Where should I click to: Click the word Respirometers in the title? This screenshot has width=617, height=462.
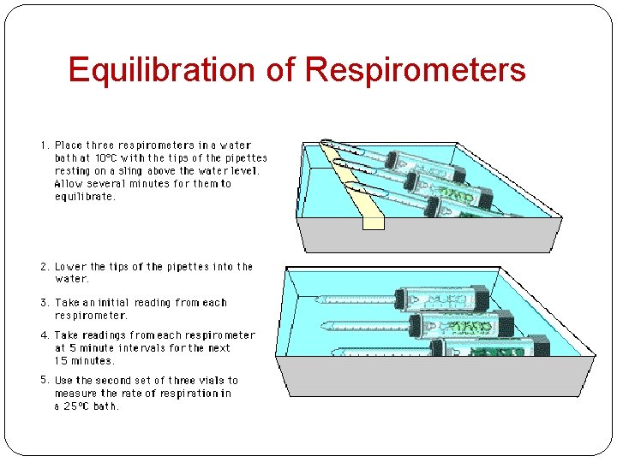click(x=415, y=70)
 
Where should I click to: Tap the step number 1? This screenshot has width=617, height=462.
click(x=45, y=145)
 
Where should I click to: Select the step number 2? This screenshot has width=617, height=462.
click(x=45, y=267)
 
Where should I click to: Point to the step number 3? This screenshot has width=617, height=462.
click(x=45, y=303)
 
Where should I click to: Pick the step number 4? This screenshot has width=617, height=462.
click(x=45, y=335)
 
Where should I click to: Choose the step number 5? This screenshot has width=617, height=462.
click(x=45, y=381)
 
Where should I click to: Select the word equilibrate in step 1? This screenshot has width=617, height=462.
click(x=85, y=197)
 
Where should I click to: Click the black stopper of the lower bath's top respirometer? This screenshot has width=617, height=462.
click(x=480, y=298)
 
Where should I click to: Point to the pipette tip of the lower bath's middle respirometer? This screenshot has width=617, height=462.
click(x=325, y=325)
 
